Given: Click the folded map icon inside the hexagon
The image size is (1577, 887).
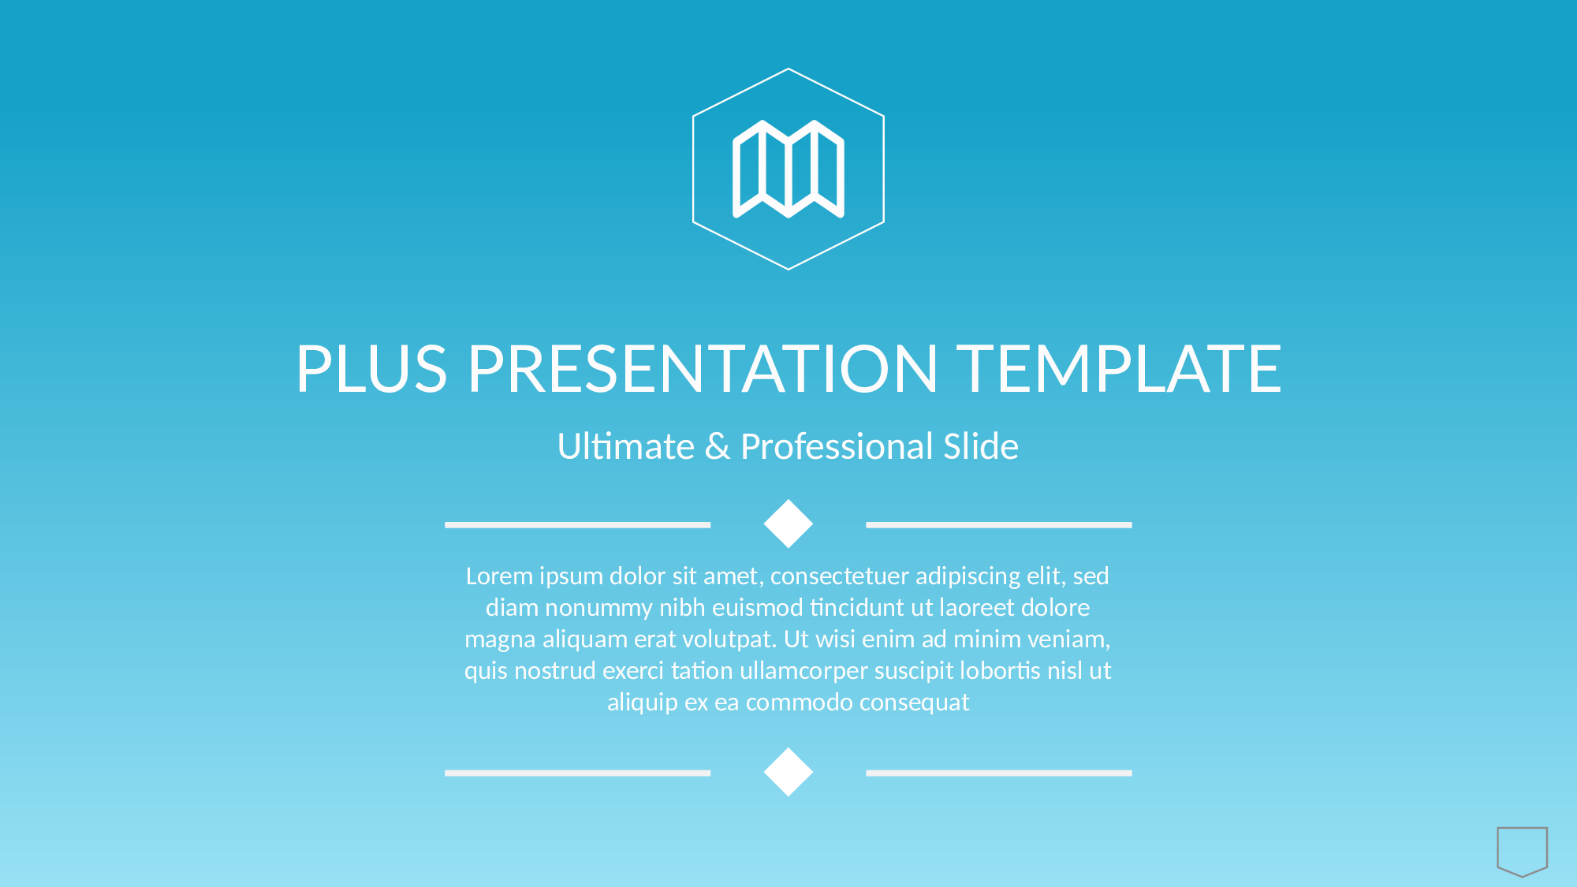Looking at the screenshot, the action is click(x=788, y=169).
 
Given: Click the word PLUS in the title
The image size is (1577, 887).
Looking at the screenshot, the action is click(x=371, y=368).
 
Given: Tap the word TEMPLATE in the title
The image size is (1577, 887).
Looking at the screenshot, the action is click(x=1120, y=368).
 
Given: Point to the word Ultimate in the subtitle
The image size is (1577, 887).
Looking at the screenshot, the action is click(x=626, y=446).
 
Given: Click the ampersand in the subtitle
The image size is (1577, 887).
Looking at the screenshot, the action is click(x=718, y=446).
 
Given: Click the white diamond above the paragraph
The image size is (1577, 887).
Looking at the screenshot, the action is click(x=788, y=524).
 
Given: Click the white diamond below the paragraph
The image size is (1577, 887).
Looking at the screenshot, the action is click(x=788, y=772).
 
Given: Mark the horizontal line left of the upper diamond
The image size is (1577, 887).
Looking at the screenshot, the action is click(x=578, y=525).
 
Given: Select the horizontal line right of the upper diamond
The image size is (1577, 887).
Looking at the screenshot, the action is click(x=999, y=525).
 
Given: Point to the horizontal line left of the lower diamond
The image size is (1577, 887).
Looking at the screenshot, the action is click(x=578, y=773).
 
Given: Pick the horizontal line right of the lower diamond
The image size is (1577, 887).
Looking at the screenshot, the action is click(x=999, y=773).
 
